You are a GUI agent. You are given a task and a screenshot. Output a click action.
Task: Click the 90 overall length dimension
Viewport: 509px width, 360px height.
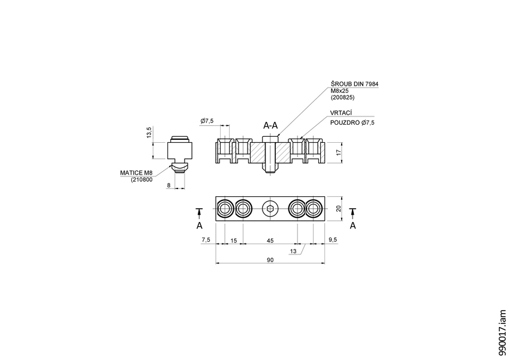270,259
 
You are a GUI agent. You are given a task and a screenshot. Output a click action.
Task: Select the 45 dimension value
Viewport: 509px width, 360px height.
270,240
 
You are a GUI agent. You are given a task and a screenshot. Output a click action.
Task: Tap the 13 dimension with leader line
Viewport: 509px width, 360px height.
293,252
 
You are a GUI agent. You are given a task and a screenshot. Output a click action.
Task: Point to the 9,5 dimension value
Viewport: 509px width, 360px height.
333,240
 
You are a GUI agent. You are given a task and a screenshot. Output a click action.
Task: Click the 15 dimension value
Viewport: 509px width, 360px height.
233,240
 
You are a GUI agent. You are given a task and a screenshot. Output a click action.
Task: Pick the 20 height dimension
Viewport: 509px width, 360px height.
338,209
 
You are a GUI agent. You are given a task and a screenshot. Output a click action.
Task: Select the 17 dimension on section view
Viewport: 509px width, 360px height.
338,153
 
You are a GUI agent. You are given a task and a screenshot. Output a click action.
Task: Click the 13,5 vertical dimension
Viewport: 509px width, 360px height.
149,133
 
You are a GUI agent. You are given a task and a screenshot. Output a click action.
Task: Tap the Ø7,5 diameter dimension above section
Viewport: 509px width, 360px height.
207,121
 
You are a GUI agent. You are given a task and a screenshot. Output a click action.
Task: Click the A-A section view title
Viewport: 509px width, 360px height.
270,125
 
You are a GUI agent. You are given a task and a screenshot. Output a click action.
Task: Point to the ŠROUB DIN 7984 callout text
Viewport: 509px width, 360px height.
354,84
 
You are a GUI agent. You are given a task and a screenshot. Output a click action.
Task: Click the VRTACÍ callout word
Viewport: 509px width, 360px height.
341,113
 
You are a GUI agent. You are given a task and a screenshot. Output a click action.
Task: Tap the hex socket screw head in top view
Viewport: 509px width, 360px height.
270,209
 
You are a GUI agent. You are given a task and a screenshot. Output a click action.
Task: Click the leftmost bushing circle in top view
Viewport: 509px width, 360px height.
225,209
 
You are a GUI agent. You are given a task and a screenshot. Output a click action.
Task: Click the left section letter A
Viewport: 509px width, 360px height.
200,225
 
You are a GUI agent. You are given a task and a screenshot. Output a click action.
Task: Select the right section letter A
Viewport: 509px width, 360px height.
353,225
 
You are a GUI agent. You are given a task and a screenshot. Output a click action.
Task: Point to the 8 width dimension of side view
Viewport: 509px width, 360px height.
169,185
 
